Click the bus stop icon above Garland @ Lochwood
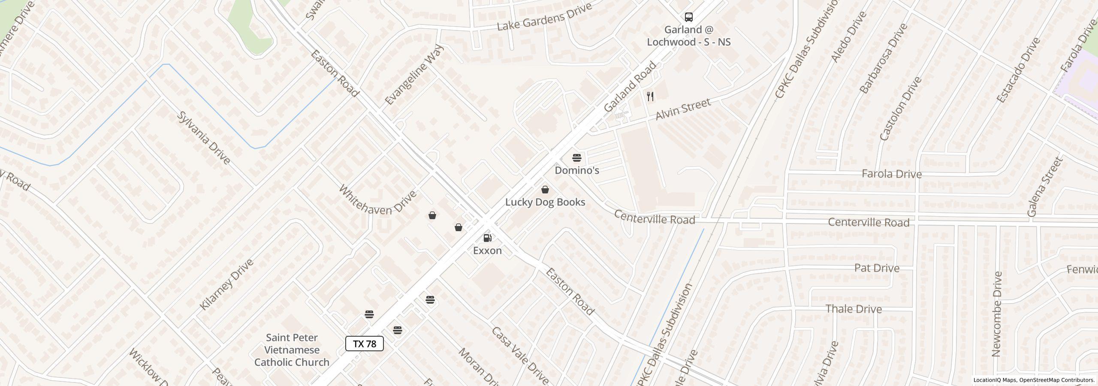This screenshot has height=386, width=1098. click(688, 17)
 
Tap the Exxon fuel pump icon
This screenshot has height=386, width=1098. click(487, 238)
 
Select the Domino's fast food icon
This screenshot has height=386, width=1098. click(576, 158)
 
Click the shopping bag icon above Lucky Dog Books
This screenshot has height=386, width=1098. click(545, 190)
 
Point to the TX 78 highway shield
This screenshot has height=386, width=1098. click(364, 344)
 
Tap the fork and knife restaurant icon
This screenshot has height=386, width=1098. click(650, 96)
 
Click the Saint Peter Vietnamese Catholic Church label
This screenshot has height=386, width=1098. click(292, 350)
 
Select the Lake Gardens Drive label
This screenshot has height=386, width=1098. click(544, 17)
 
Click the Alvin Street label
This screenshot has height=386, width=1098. click(683, 109)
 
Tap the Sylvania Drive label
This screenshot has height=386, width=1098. click(204, 138)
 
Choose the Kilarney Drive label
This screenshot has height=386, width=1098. click(227, 284)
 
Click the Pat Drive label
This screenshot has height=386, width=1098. click(876, 268)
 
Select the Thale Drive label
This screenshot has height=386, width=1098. click(854, 309)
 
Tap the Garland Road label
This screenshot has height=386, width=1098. click(630, 87)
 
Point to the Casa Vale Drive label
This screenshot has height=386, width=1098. click(520, 356)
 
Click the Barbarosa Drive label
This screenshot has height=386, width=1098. click(884, 58)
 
